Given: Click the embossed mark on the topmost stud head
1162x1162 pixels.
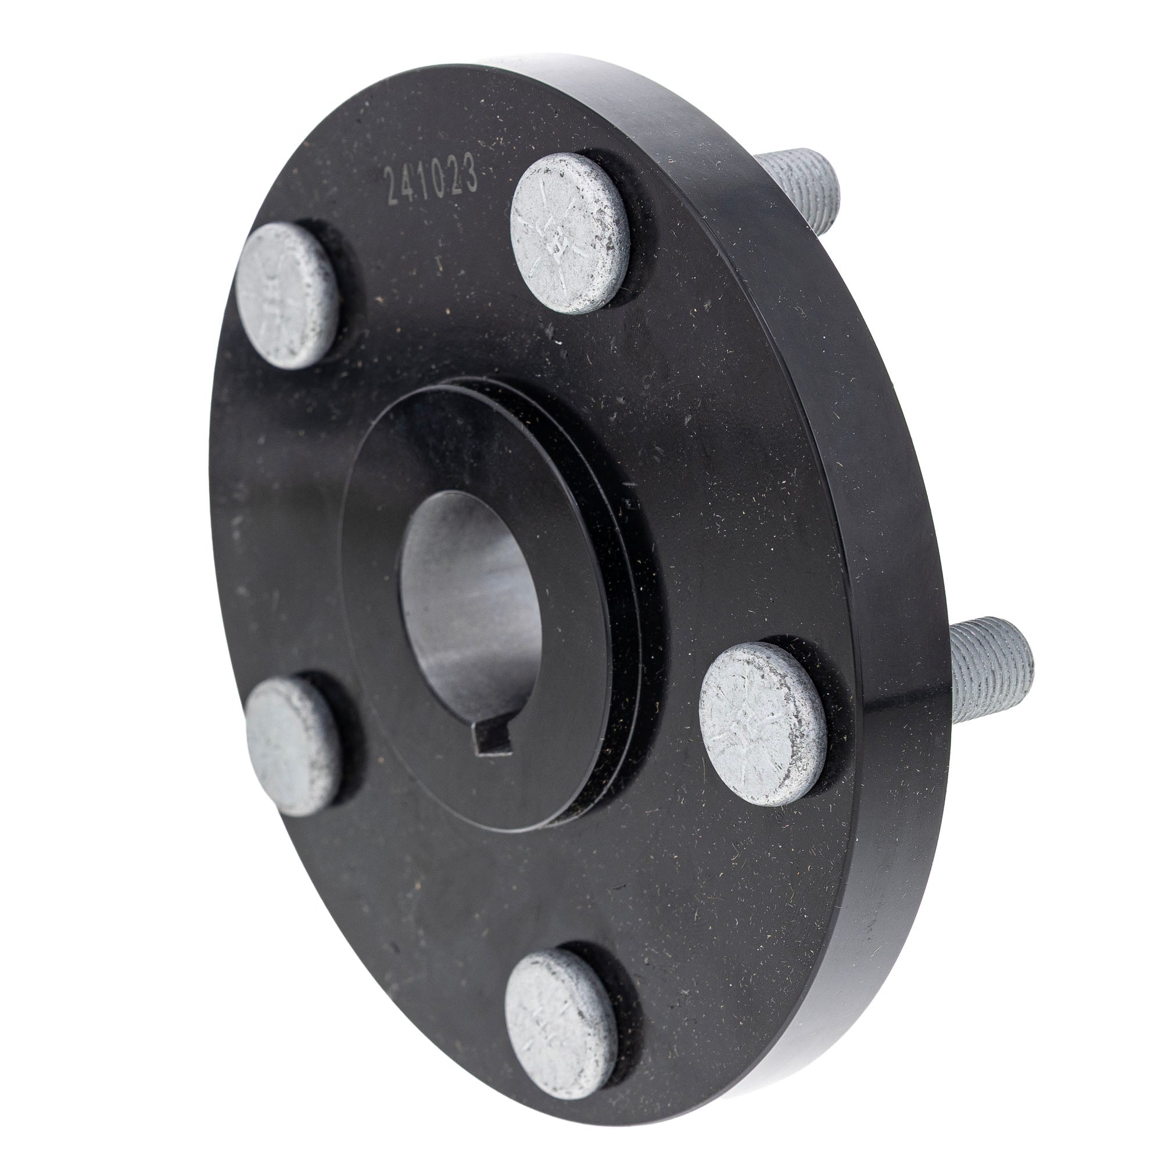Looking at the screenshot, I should [557, 241].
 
